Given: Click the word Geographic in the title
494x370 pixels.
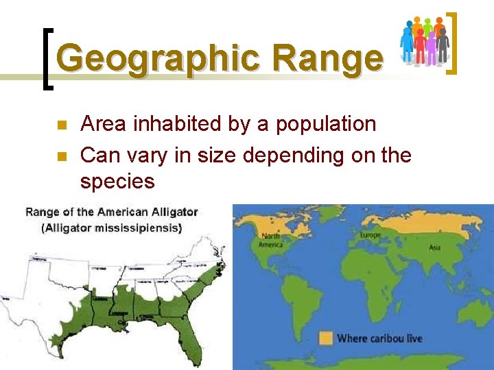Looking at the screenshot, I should [156, 59].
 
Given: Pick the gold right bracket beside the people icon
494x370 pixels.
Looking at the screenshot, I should [452, 42].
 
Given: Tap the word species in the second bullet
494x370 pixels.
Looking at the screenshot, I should [117, 182].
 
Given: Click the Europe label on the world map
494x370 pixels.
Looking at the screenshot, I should [370, 234].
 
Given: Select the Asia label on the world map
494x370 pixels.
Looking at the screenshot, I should [434, 247].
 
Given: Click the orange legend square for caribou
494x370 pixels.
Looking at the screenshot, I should [326, 338].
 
